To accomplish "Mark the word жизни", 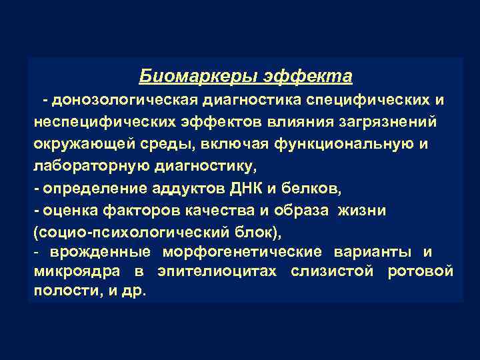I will pos(361,210).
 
